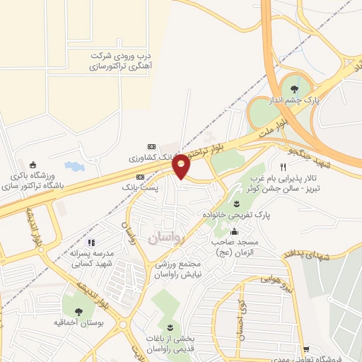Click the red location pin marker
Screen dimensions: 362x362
(182, 165)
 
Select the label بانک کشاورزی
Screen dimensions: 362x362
(155, 156)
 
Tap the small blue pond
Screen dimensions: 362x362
(74, 167)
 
